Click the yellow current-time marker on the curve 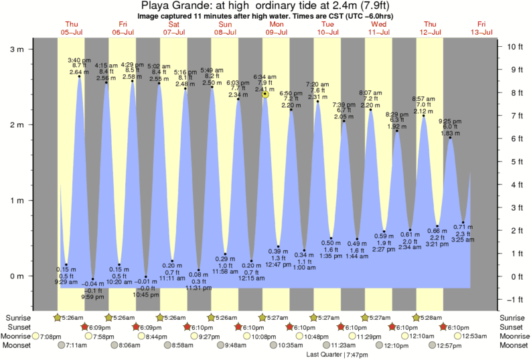265,94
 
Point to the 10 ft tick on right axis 515,47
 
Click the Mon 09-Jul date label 277,27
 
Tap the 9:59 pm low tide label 92,296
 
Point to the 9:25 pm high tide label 450,121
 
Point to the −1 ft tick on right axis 515,299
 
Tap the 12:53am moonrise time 476,336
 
